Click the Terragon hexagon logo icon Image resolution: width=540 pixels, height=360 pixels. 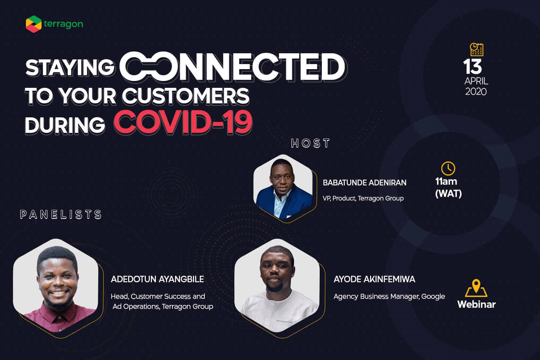click(34, 24)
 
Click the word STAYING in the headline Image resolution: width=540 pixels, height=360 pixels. click(70, 68)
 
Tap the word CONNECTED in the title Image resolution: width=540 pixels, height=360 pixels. click(233, 66)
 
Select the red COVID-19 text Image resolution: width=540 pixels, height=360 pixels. click(183, 122)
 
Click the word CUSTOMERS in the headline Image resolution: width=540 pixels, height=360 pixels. click(185, 96)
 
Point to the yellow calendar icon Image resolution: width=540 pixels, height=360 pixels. click(477, 49)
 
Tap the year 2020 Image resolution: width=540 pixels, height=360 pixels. click(476, 92)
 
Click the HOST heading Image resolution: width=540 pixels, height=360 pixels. click(310, 143)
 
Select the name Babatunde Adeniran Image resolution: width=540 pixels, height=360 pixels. click(364, 183)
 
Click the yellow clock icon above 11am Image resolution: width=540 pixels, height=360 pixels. click(448, 168)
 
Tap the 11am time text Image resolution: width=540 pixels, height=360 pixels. click(446, 181)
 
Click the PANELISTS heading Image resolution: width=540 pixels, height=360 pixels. click(61, 214)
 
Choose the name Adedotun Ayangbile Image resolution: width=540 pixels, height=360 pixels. click(157, 279)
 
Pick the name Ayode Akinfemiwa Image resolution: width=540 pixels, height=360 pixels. click(374, 279)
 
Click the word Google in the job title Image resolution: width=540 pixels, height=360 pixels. click(433, 296)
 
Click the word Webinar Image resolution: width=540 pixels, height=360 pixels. click(476, 304)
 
